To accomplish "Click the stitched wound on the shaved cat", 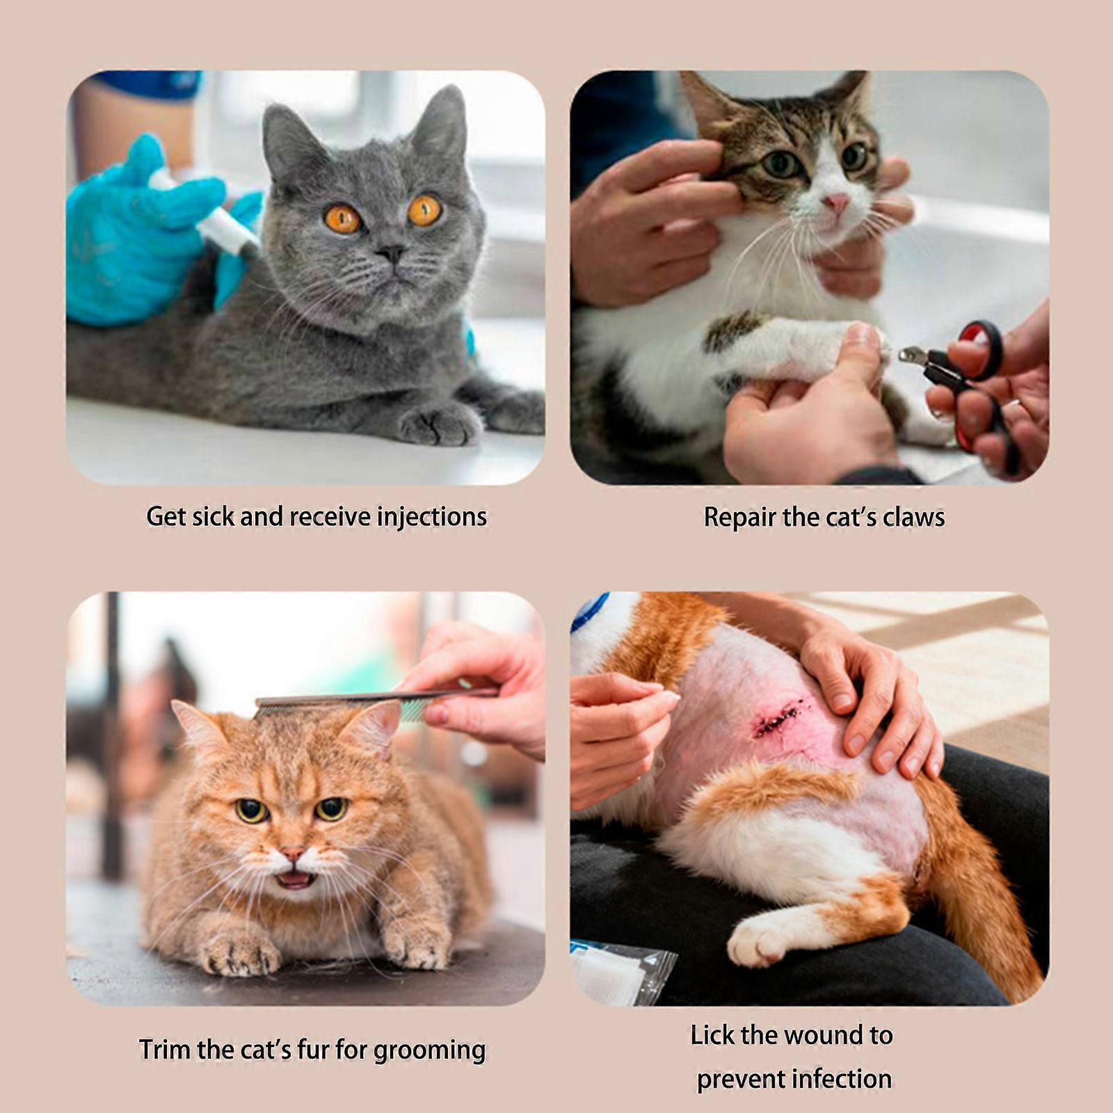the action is (780, 716).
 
